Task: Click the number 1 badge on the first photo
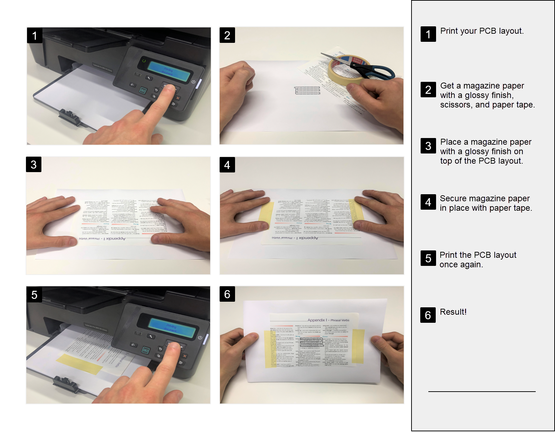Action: tap(34, 35)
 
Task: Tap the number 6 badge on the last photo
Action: tap(227, 294)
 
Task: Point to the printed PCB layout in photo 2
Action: tap(307, 90)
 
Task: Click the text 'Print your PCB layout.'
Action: tap(482, 31)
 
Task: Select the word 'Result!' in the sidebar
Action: tap(453, 312)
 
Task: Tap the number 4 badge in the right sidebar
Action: tap(428, 202)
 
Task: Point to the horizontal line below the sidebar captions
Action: tap(482, 391)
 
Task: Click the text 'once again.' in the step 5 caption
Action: tap(461, 264)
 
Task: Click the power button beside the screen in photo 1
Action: tap(193, 81)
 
